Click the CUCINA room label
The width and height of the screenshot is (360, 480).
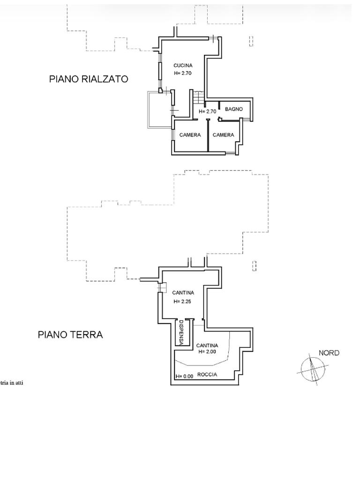(183, 65)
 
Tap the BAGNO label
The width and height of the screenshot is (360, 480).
(234, 109)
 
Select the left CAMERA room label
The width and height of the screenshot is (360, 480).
(190, 135)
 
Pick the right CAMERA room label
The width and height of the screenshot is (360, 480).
(223, 135)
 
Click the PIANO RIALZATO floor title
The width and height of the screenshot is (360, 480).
(89, 79)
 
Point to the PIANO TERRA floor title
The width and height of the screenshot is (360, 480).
(70, 335)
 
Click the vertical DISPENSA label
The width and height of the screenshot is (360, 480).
(181, 333)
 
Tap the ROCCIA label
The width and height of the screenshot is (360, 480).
(207, 375)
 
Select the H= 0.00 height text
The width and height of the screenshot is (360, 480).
(184, 376)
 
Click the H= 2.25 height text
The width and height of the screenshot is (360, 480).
(182, 301)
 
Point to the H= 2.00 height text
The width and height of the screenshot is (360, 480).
(207, 352)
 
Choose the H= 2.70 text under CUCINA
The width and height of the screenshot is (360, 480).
(183, 73)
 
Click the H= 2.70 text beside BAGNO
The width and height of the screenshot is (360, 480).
(208, 112)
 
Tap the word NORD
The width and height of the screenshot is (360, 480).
(329, 353)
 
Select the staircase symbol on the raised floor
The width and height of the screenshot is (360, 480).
(198, 97)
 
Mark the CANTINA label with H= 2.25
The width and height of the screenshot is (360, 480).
(183, 292)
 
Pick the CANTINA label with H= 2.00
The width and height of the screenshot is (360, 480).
(207, 345)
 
